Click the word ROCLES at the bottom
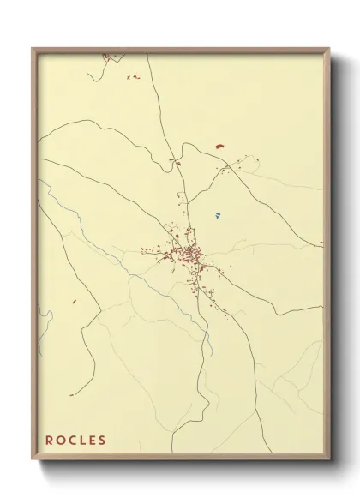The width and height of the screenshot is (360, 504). tap(76, 441)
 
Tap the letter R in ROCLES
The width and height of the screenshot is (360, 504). tap(50, 441)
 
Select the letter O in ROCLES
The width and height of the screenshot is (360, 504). tap(61, 441)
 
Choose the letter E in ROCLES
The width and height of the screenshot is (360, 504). tap(93, 441)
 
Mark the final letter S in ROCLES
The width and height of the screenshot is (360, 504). tap(103, 441)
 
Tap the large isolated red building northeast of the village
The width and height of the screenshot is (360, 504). tap(219, 147)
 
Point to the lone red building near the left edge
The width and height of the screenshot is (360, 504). tap(73, 302)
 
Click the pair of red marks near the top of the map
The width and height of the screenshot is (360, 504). tap(133, 77)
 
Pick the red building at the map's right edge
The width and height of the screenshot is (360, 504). tap(321, 243)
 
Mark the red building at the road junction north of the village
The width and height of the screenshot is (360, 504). tap(177, 161)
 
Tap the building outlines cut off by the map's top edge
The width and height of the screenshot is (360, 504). tap(107, 57)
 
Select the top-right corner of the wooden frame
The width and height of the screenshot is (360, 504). tap(330, 49)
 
